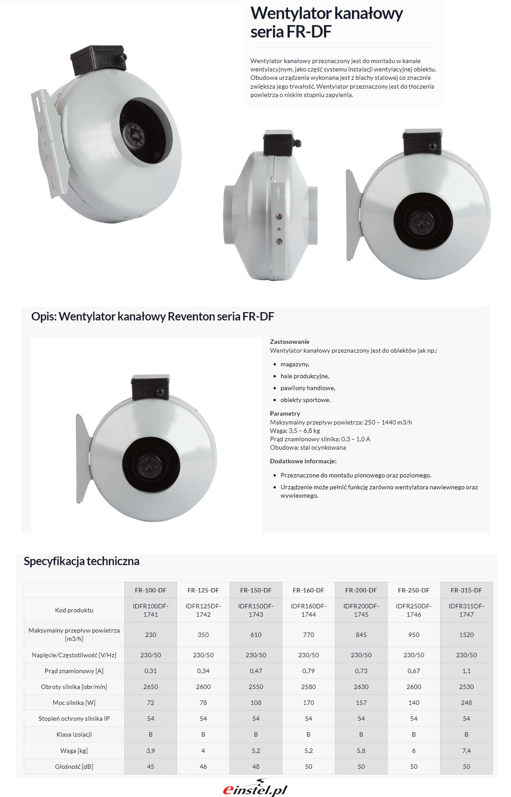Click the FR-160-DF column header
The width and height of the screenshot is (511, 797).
click(x=308, y=590)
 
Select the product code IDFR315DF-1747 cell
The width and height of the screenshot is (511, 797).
click(x=466, y=610)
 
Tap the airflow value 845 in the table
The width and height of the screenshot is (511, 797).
click(x=361, y=635)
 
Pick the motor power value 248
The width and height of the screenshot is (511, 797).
click(x=466, y=703)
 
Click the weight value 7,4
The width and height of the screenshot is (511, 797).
click(x=466, y=750)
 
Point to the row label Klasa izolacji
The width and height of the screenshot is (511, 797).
click(x=74, y=734)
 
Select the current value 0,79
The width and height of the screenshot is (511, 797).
click(x=308, y=671)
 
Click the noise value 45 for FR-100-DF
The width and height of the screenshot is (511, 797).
click(x=150, y=767)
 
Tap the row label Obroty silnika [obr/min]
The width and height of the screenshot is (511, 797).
click(x=74, y=687)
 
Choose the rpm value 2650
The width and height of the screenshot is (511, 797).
click(x=150, y=687)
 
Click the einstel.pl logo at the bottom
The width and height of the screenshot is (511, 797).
click(x=255, y=789)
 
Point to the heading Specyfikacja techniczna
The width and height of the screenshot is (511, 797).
click(x=81, y=561)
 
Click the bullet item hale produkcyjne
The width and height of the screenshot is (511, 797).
click(x=305, y=376)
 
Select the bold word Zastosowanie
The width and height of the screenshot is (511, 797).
click(x=289, y=342)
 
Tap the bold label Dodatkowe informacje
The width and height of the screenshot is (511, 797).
click(x=303, y=461)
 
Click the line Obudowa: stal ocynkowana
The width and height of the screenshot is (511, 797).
click(x=308, y=447)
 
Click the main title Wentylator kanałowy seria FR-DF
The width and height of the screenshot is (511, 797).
click(x=326, y=22)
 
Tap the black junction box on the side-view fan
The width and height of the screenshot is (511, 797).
click(x=277, y=142)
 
